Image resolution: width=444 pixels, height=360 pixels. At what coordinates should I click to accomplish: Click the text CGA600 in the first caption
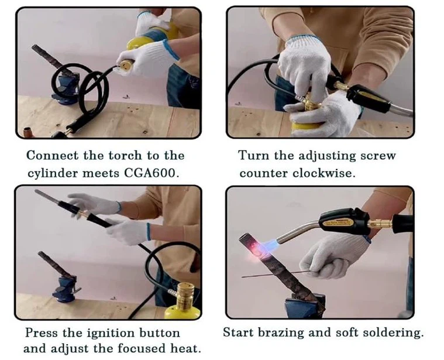coord(151,173)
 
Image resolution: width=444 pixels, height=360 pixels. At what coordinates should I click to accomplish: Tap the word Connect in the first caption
coord(52,156)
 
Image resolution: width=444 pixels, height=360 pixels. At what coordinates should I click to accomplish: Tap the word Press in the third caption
coord(42,333)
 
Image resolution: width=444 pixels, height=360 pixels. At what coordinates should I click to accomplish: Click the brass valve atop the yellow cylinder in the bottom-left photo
coord(185,295)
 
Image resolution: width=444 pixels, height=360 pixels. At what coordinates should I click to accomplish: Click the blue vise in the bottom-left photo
coord(64,289)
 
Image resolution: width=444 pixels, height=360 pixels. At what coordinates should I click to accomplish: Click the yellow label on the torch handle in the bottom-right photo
coord(339,223)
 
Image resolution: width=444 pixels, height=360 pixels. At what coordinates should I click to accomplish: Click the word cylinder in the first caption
coord(53,173)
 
